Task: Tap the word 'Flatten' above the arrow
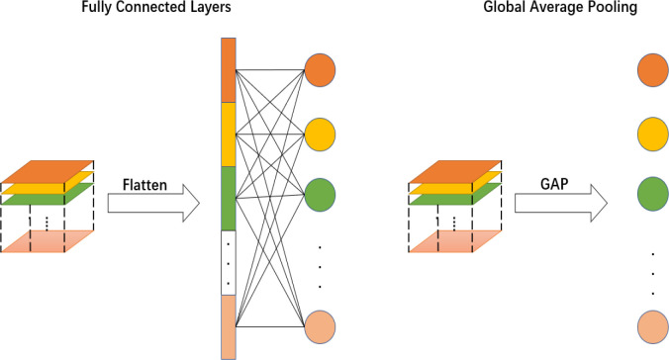pyautogui.click(x=146, y=184)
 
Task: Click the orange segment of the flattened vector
pyautogui.click(x=227, y=70)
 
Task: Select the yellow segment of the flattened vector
pyautogui.click(x=227, y=134)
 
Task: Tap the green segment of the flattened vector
pyautogui.click(x=227, y=197)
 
